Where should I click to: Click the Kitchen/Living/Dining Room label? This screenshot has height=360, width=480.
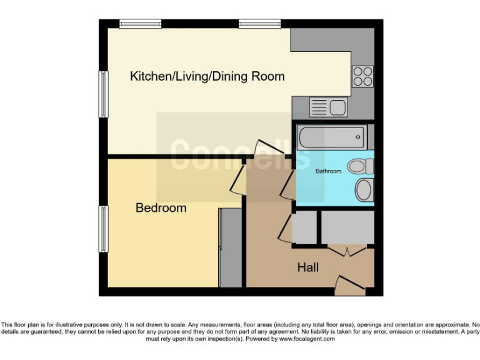pos(207,77)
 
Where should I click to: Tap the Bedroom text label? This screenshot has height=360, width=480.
pos(161,208)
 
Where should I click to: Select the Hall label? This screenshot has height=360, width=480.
pos(307,267)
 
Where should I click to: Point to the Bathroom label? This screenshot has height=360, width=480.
pos(328,171)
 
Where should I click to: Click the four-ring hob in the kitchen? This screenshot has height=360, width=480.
pos(362,76)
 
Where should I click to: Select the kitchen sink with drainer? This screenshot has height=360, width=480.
pos(329,107)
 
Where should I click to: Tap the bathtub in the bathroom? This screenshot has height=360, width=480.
pos(331,136)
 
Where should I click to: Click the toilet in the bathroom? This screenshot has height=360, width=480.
pos(361,166)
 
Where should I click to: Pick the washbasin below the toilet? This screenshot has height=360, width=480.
pos(363,190)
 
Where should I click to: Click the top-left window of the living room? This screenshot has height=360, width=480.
pos(141,24)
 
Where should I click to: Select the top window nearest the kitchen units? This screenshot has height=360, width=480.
pos(259,24)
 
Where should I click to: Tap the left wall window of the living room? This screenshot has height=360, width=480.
pos(103,94)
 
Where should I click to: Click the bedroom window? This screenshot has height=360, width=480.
pos(103,229)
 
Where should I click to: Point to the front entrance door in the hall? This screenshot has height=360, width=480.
pos(350,286)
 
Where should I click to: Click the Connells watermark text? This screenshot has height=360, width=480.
pos(240,154)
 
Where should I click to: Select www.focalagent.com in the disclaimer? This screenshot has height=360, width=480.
pos(307,339)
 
